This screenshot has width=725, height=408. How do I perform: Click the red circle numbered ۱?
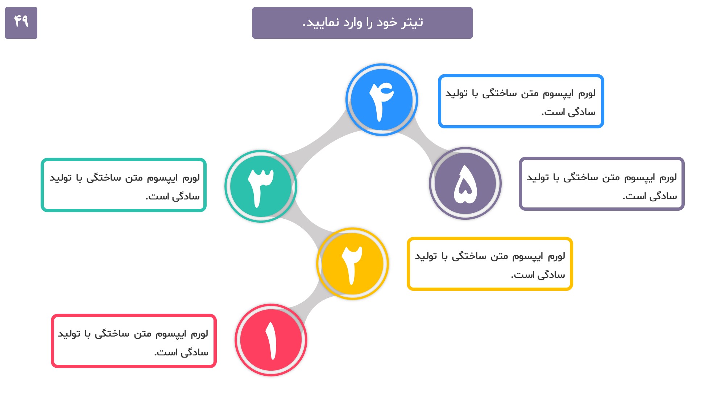(271, 340)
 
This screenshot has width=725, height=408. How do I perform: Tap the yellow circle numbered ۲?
(352, 264)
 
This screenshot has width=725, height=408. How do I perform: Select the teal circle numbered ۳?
(261, 186)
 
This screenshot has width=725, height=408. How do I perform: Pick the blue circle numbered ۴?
(382, 100)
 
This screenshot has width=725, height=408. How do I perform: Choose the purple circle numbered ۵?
(465, 183)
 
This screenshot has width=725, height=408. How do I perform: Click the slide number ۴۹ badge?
(21, 23)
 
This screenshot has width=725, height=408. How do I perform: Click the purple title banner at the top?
(362, 23)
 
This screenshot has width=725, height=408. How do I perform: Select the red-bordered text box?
(134, 341)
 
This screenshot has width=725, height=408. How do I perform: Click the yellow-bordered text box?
(490, 264)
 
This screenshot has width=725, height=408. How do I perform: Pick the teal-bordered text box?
(124, 185)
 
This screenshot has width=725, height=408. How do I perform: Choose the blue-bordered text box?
(521, 101)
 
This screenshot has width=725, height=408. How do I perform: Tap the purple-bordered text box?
(602, 184)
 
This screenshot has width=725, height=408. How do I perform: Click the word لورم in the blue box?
(587, 94)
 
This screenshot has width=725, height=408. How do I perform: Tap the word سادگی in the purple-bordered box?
(663, 196)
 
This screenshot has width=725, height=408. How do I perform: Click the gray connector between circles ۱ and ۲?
(312, 303)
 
